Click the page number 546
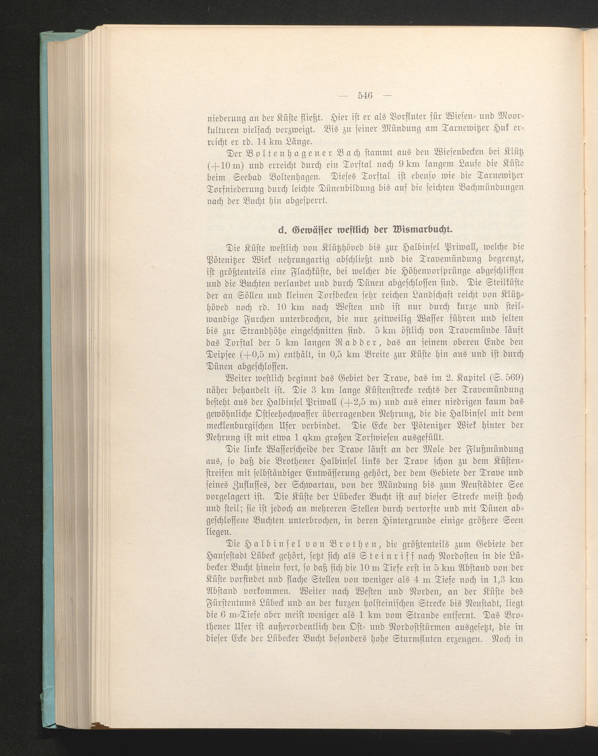365,96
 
